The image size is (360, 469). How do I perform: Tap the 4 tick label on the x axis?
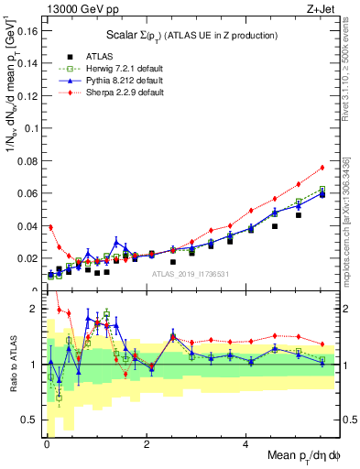click(x=245, y=445)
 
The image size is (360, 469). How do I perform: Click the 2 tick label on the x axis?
click(x=147, y=445)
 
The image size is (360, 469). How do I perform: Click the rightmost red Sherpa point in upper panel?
click(x=322, y=168)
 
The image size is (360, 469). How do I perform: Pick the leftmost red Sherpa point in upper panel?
click(x=50, y=227)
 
